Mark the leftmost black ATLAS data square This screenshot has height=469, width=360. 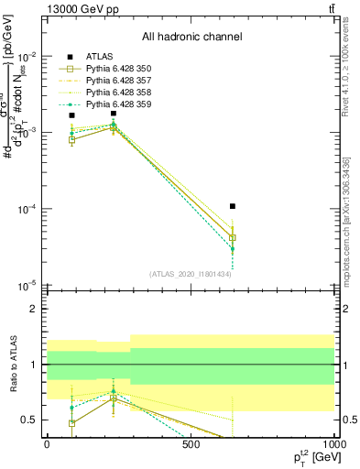72,115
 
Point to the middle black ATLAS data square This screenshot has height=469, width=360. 113,114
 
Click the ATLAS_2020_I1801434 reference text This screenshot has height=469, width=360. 191,273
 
